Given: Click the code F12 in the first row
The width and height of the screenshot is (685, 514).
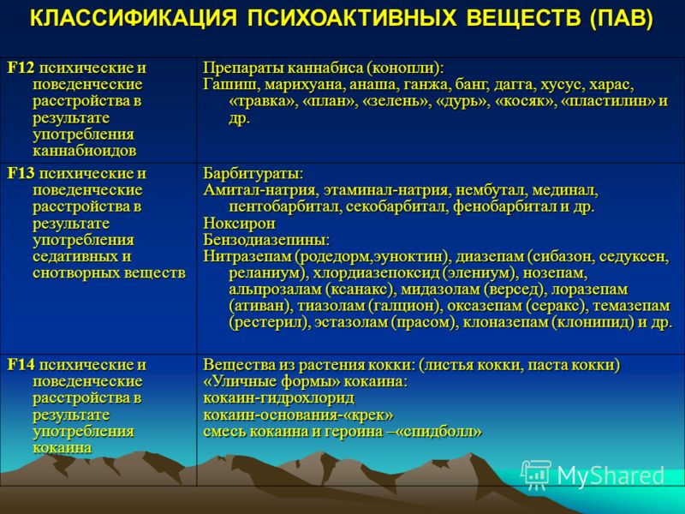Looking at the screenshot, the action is click(21, 69).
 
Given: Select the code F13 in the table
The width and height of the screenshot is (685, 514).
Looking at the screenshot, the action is click(21, 174).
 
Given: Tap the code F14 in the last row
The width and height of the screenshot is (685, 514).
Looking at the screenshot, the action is click(21, 365).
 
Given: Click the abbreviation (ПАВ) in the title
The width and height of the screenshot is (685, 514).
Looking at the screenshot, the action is click(621, 19).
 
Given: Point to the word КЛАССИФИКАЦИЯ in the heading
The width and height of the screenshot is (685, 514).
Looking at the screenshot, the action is click(134, 19).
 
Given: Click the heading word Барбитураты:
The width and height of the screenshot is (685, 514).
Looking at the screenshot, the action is click(253, 174).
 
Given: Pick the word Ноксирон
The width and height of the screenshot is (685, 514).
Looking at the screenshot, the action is click(239, 224).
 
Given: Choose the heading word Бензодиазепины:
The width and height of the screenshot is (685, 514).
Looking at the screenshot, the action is click(266, 240).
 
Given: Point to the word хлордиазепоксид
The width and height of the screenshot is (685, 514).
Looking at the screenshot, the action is click(375, 273).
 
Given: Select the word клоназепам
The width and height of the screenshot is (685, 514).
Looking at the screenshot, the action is click(503, 323).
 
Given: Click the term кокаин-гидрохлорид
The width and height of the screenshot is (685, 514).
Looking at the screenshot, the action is click(279, 398).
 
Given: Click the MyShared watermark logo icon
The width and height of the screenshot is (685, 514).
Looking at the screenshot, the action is click(536, 474).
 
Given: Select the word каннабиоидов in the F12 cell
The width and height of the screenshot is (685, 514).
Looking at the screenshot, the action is click(84, 152).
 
